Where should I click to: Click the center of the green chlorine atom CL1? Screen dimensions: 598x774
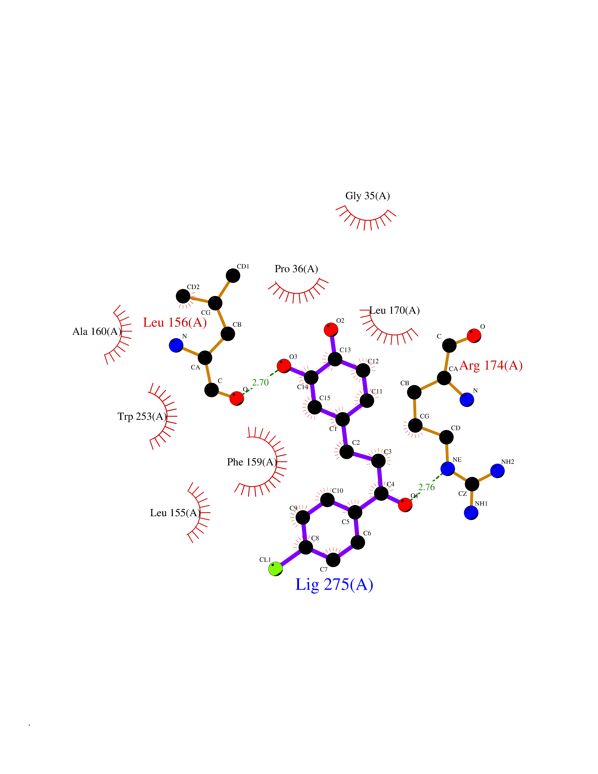[x=276, y=569]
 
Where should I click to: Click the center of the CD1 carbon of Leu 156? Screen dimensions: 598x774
[x=233, y=275]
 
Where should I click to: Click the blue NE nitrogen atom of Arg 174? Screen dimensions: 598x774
[x=447, y=468]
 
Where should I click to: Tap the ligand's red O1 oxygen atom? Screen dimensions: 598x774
[x=405, y=505]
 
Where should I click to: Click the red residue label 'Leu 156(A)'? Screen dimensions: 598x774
[x=175, y=323]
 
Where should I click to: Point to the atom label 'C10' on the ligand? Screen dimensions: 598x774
[x=338, y=491]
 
